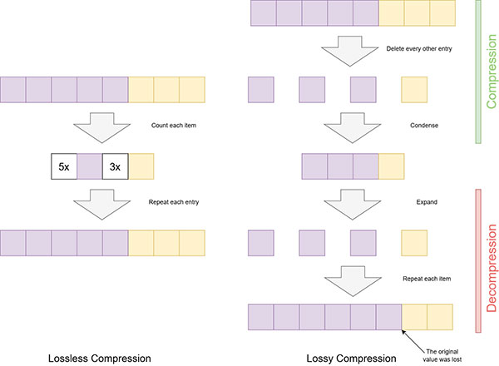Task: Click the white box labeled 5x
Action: coord(64,166)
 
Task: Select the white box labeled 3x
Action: coord(116,166)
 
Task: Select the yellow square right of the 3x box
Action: coord(141,166)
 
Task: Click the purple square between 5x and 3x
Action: coord(90,166)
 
